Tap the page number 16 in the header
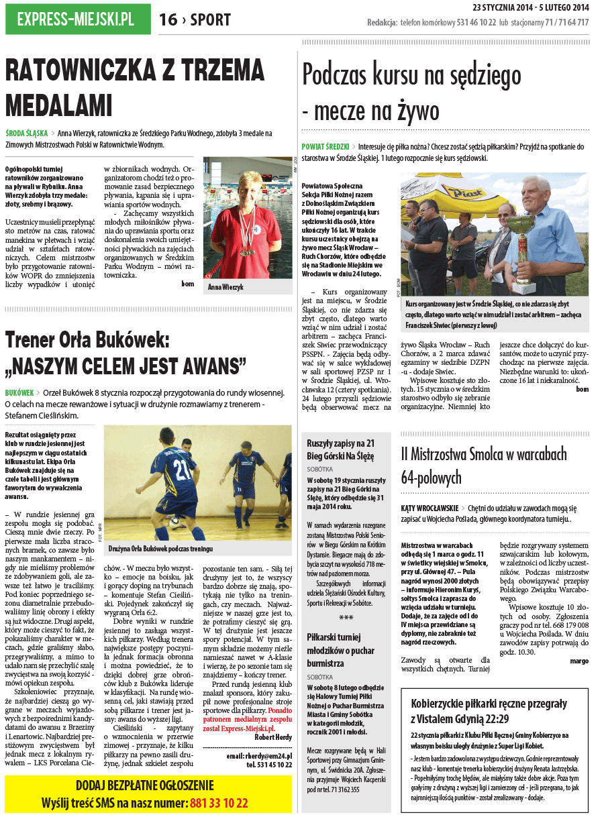click(168, 20)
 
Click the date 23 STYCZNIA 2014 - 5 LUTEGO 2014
click(530, 8)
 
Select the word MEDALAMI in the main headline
click(58, 105)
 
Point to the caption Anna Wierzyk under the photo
click(226, 286)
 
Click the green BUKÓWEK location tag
click(19, 392)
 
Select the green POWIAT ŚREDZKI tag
click(325, 146)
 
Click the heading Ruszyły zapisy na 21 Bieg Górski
click(340, 449)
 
